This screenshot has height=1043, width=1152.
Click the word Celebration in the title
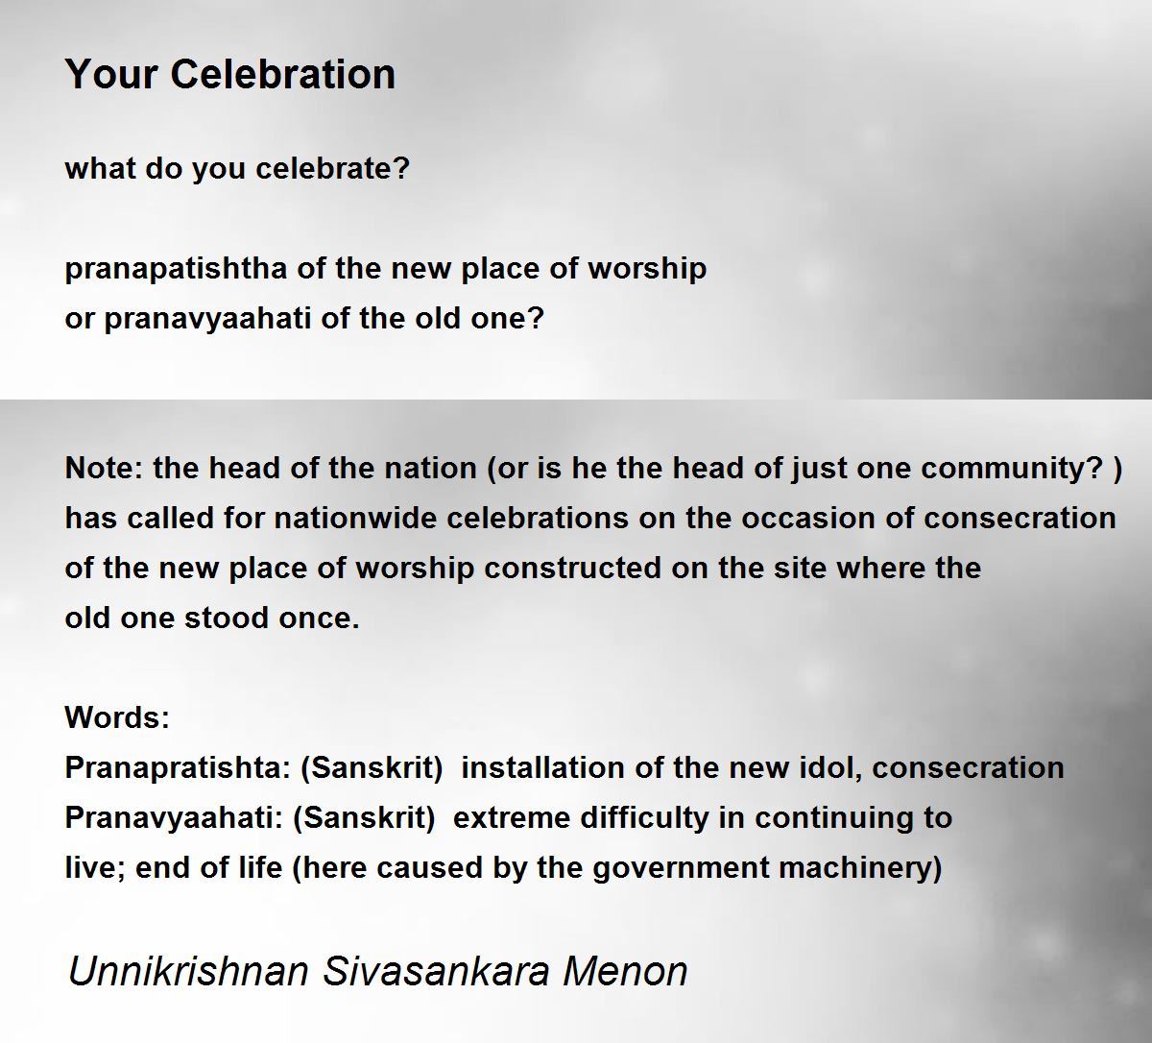(282, 74)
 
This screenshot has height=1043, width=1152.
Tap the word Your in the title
(112, 74)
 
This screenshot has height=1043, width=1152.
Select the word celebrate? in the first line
(332, 168)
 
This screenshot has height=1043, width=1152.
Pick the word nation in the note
(430, 468)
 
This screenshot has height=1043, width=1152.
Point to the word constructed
(572, 568)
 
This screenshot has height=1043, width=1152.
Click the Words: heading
(117, 717)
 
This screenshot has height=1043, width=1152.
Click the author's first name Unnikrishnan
(188, 971)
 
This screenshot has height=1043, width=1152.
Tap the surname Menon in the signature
(625, 971)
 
